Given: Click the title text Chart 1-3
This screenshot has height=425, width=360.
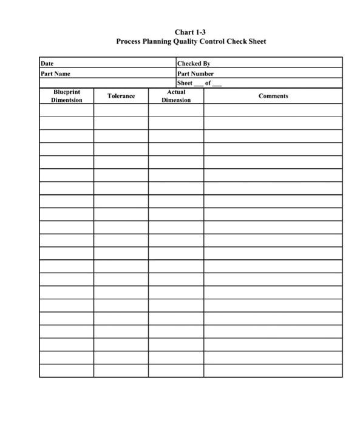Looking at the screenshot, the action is [x=191, y=32].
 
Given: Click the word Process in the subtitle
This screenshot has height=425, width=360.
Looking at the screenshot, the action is [x=130, y=42].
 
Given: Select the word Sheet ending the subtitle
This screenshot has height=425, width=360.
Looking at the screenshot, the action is [x=256, y=42].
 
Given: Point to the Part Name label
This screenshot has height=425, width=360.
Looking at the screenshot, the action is [x=55, y=73].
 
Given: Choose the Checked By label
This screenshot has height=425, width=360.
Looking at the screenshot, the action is [x=194, y=64].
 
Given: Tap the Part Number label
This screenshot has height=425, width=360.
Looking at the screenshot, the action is [x=195, y=73].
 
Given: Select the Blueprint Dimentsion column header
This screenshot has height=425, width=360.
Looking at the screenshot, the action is [x=67, y=96].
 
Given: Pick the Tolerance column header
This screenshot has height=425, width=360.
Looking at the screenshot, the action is [x=121, y=96].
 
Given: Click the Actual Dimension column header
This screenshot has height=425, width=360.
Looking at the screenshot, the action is [x=176, y=96].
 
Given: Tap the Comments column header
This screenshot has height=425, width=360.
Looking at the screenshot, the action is [x=273, y=96].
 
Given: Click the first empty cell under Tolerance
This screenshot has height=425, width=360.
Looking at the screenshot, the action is [x=121, y=110].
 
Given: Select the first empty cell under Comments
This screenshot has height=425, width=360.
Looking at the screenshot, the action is [x=273, y=110].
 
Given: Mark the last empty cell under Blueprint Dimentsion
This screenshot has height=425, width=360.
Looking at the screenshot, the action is [x=67, y=370].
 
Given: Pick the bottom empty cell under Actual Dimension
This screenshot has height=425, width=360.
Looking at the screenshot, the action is [x=176, y=370].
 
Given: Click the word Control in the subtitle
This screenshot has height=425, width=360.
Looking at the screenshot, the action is [x=212, y=42].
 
